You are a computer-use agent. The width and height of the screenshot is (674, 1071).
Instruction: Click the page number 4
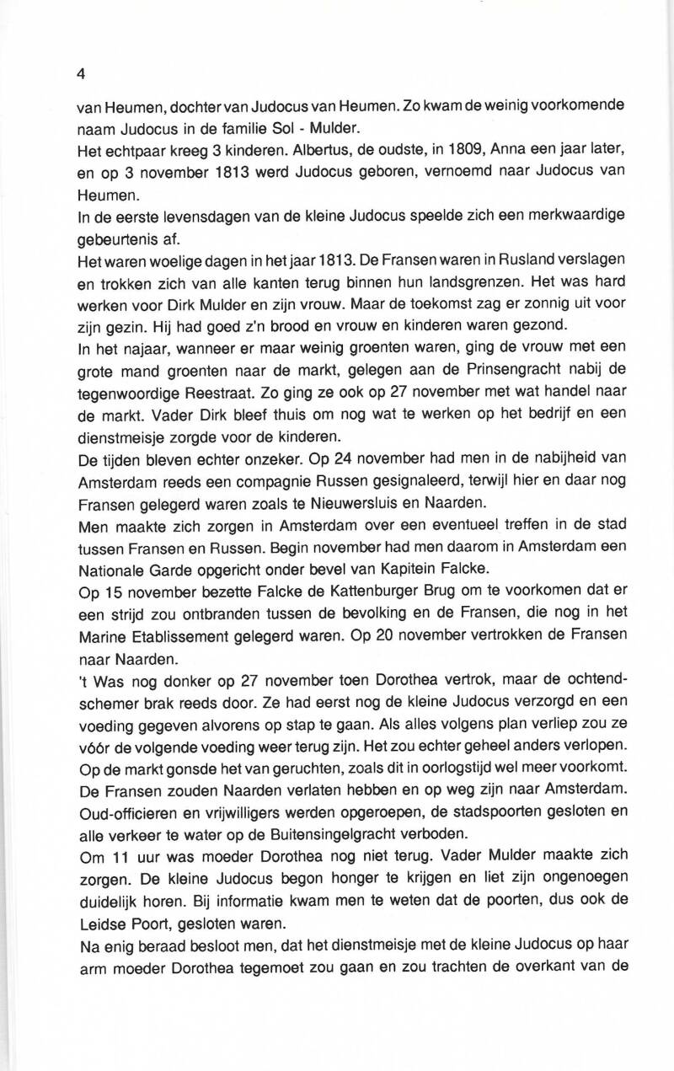81,73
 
